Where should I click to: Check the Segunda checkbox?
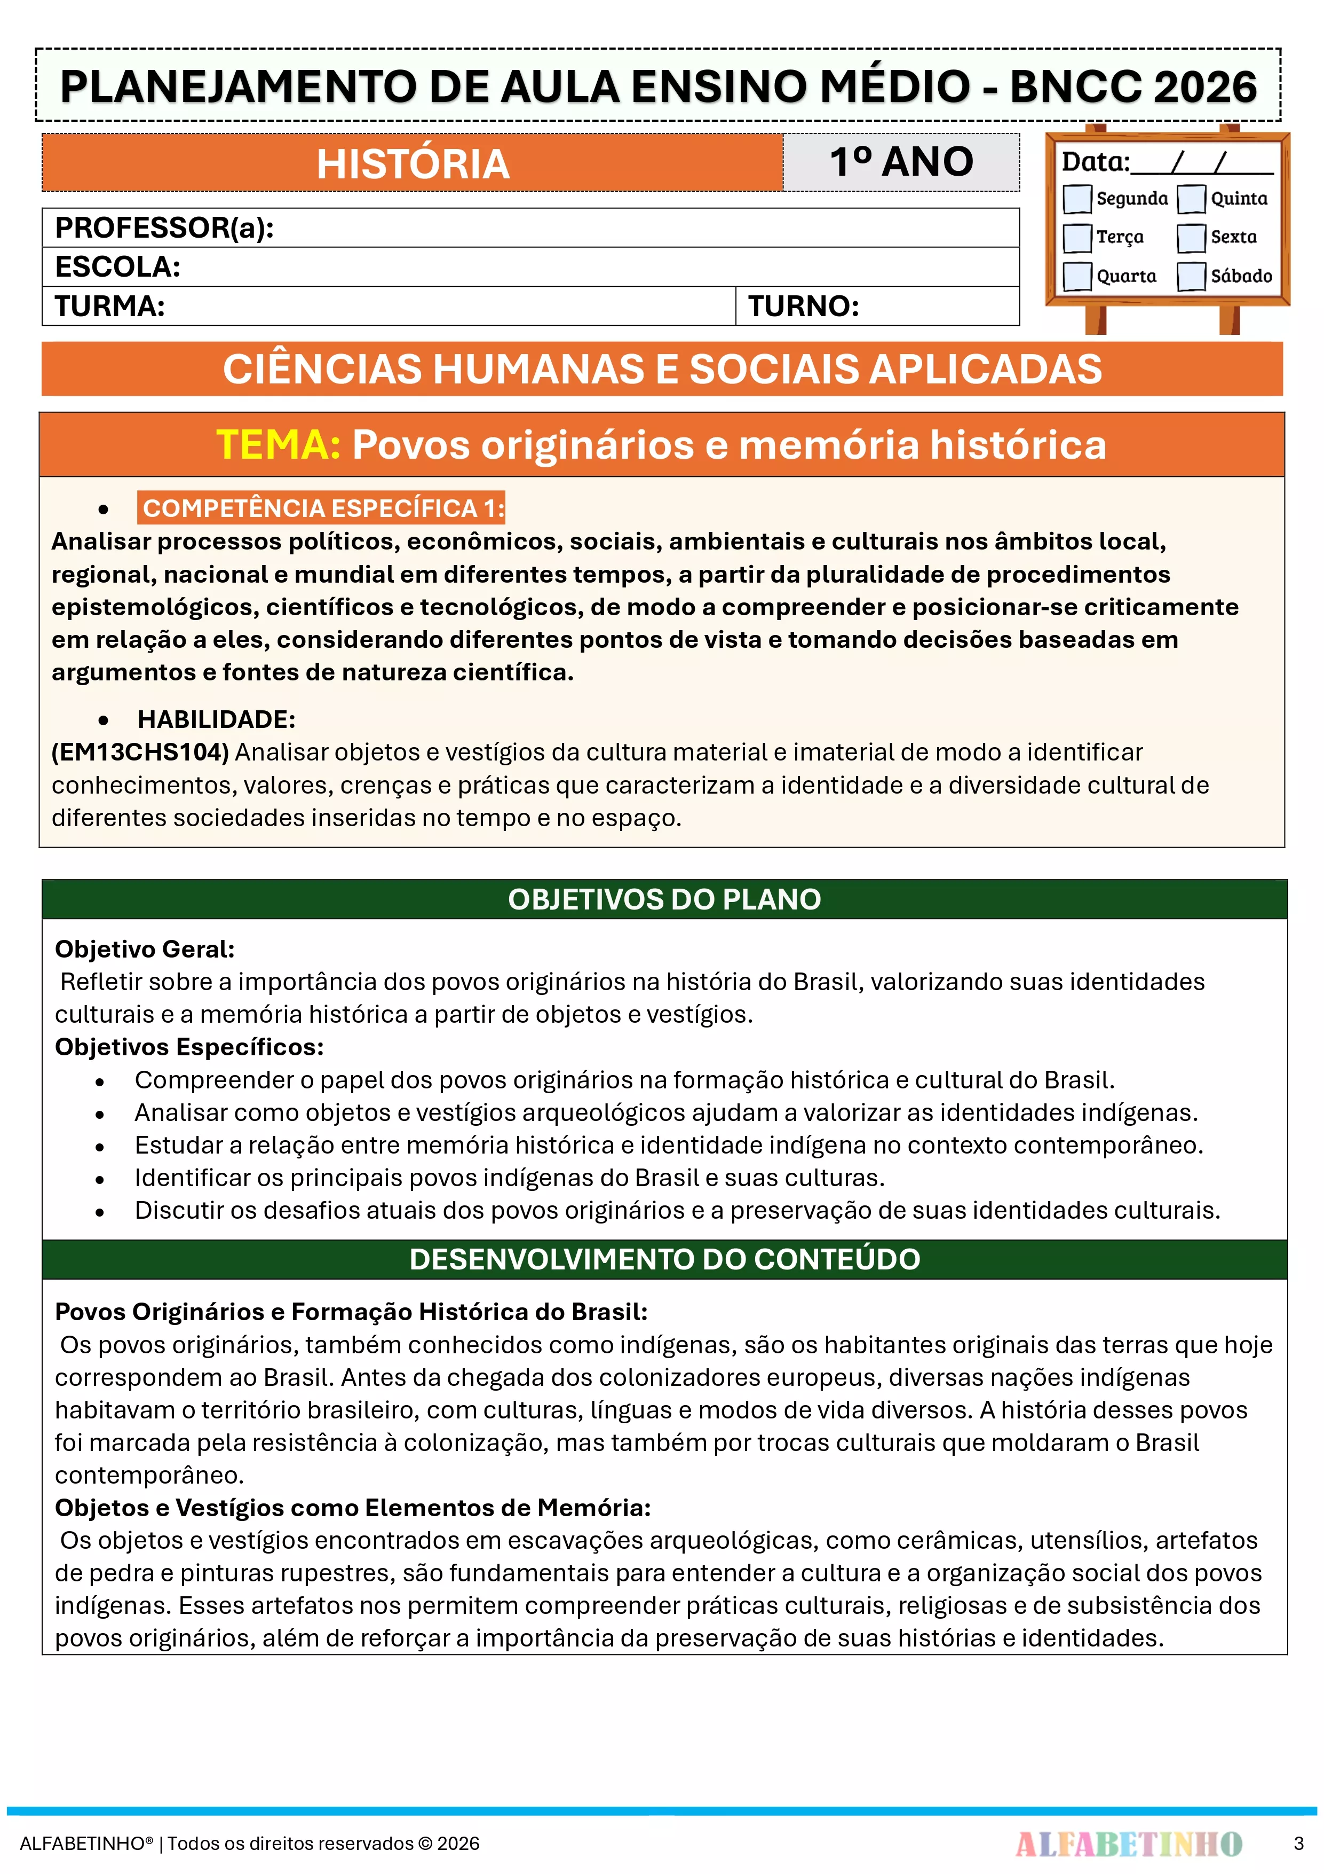point(1077,198)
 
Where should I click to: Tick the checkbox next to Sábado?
point(1191,276)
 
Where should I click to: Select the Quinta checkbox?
point(1191,198)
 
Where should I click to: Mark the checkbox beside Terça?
point(1077,238)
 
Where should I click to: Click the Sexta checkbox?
point(1191,238)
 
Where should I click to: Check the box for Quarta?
point(1077,276)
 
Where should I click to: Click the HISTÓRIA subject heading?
point(413,163)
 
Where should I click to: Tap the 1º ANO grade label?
point(901,162)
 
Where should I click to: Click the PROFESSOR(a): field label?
point(164,228)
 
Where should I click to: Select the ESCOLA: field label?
point(117,267)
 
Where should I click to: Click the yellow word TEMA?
point(278,445)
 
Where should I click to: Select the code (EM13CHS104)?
point(140,752)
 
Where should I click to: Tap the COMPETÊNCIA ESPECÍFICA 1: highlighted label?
point(322,508)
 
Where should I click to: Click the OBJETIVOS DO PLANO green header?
point(664,899)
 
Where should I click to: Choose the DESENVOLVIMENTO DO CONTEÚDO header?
point(664,1259)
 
